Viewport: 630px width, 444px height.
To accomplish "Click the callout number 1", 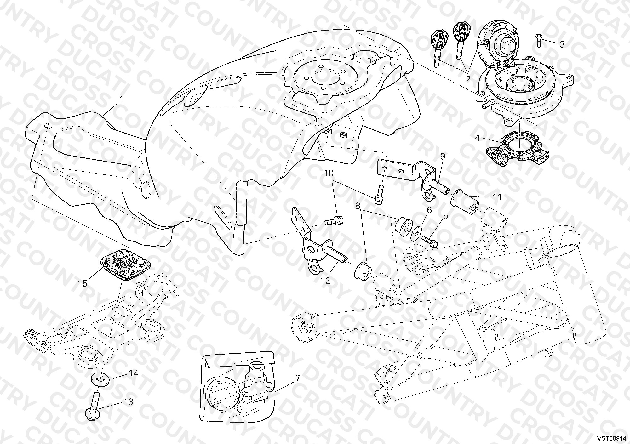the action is click(x=121, y=100).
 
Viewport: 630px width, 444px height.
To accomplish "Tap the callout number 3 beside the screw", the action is click(x=562, y=44).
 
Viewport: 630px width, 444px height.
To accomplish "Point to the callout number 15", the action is click(x=83, y=283).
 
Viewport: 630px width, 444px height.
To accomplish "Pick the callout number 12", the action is click(x=325, y=280).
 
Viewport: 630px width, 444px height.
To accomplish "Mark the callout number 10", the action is click(x=328, y=173).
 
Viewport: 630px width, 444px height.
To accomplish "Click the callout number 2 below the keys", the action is click(x=468, y=79).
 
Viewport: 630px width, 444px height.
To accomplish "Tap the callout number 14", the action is click(x=134, y=373).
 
